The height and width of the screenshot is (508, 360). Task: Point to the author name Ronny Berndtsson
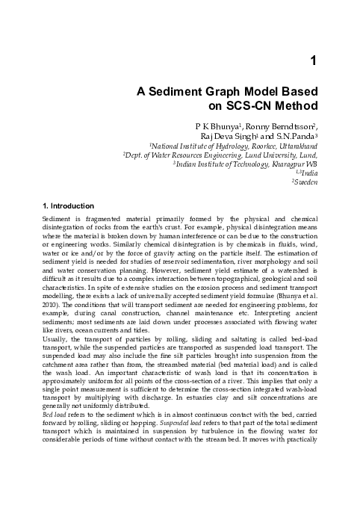[273, 128]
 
